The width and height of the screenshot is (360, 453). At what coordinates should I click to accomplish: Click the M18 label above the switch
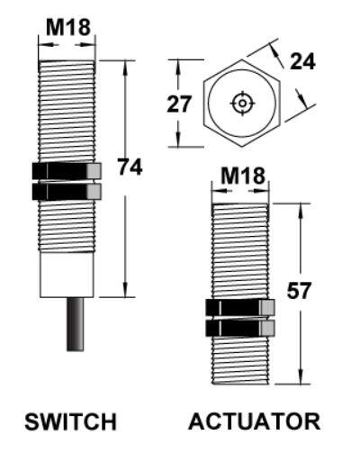pyautogui.click(x=67, y=27)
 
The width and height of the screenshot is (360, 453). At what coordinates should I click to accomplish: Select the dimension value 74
pyautogui.click(x=130, y=168)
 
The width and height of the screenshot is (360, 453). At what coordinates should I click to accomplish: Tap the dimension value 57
pyautogui.click(x=299, y=291)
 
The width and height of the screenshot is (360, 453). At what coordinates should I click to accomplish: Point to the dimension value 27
pyautogui.click(x=180, y=104)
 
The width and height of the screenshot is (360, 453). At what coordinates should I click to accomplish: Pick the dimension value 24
pyautogui.click(x=303, y=61)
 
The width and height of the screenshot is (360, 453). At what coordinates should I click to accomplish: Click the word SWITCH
pyautogui.click(x=70, y=421)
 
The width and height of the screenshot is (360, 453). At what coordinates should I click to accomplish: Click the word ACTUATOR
pyautogui.click(x=255, y=421)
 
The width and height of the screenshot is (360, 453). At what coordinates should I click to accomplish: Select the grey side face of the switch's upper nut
pyautogui.click(x=94, y=170)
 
